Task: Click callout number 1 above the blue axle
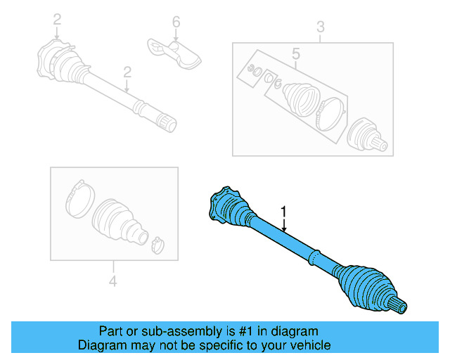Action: [283, 210]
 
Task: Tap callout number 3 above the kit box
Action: [320, 27]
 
